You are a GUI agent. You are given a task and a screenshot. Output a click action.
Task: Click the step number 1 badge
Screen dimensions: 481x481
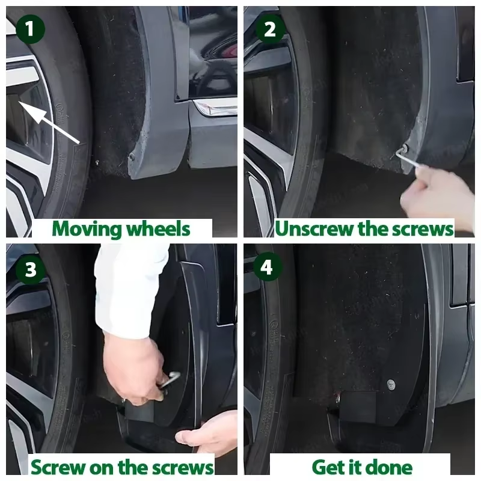[29, 29]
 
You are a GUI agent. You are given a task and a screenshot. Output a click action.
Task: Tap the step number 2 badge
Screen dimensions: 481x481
[270, 29]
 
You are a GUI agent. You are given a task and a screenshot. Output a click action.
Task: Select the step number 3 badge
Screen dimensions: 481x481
[31, 269]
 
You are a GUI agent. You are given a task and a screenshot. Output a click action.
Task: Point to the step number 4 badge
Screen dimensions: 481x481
[268, 267]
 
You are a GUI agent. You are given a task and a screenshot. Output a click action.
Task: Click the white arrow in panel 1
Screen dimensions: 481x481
[49, 122]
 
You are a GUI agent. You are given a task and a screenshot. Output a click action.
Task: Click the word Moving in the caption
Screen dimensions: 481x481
[87, 230]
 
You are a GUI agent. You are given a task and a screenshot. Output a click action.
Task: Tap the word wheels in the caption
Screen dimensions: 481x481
[158, 229]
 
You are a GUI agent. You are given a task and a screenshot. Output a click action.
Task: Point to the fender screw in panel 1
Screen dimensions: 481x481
[132, 156]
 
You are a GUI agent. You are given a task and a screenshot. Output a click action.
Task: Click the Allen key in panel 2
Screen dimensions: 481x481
[405, 157]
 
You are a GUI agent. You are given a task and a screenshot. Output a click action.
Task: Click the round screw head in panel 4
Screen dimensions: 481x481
[390, 384]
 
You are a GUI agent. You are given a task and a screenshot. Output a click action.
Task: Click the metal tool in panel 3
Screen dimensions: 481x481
[170, 381]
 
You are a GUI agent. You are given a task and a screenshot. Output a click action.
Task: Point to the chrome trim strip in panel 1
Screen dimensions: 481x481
[215, 108]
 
